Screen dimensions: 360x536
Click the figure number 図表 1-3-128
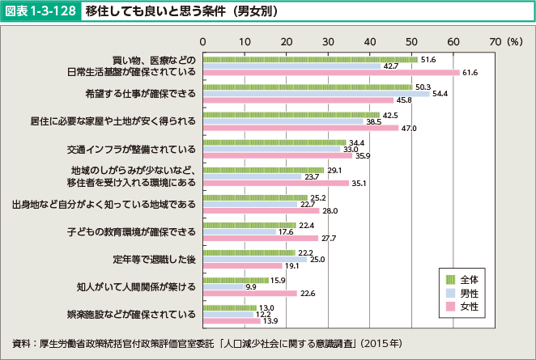(x=41, y=13)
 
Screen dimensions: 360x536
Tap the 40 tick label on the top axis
(x=370, y=40)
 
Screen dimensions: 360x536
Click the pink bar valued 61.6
(x=331, y=73)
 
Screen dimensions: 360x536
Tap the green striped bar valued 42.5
(x=291, y=115)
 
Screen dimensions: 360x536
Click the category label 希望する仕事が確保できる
(x=140, y=93)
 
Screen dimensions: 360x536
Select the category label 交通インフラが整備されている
(x=130, y=149)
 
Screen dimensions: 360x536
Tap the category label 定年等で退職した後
(x=152, y=260)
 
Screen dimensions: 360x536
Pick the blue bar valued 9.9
(x=223, y=286)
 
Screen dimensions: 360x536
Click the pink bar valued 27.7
(x=261, y=239)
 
